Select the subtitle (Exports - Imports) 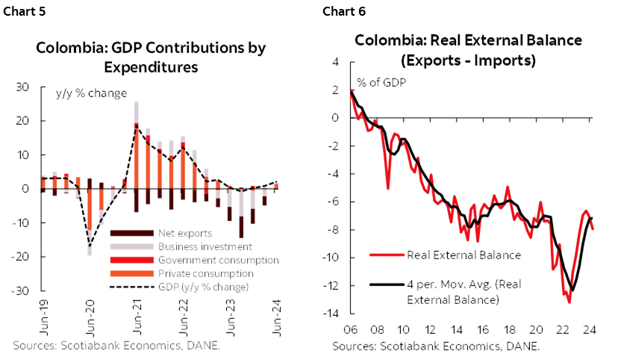pyautogui.click(x=471, y=60)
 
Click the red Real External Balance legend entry pyautogui.click(x=463, y=255)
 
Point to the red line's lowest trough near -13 pyautogui.click(x=569, y=302)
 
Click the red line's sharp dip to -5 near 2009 pyautogui.click(x=387, y=187)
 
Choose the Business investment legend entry pyautogui.click(x=205, y=246)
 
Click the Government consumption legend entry pyautogui.click(x=218, y=260)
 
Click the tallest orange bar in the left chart pyautogui.click(x=137, y=160)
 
